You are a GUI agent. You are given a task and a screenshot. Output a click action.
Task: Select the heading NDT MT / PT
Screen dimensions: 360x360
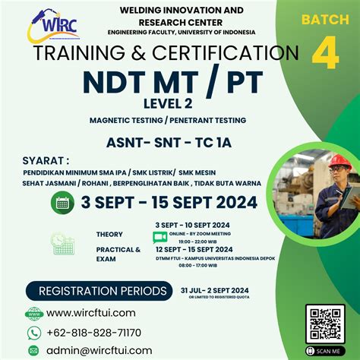point(179,81)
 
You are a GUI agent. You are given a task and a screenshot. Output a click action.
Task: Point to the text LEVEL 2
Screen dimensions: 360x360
point(180,104)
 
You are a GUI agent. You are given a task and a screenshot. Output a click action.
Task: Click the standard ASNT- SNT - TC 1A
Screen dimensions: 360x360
point(180,142)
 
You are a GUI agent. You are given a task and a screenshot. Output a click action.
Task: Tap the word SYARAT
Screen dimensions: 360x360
point(45,160)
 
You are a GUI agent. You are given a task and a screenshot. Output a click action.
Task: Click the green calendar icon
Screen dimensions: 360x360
point(64,202)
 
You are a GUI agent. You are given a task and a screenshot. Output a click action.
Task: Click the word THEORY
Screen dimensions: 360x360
point(109,234)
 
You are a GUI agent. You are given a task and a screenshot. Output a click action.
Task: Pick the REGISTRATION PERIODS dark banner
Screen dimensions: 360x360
point(97,291)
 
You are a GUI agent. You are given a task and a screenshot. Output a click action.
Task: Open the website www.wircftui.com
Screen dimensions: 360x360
point(91,312)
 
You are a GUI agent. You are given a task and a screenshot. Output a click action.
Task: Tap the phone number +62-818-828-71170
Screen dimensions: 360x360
point(94,333)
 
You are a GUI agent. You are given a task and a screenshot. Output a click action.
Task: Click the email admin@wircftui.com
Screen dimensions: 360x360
point(99,350)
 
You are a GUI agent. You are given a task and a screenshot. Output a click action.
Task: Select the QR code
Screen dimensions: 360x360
point(325,324)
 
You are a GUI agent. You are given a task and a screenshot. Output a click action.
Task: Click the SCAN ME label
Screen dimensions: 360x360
point(325,351)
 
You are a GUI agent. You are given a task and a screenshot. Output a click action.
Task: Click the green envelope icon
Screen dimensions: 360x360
point(33,351)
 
